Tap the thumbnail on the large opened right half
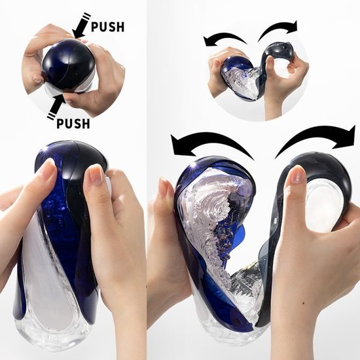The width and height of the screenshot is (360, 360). click(297, 175)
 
